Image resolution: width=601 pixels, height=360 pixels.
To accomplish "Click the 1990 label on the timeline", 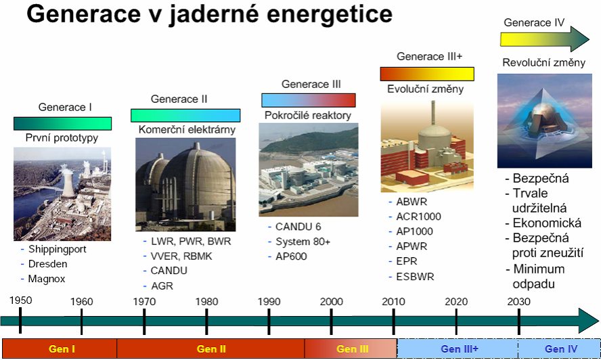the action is (x=269, y=302).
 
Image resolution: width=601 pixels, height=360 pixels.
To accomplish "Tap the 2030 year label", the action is (x=518, y=302).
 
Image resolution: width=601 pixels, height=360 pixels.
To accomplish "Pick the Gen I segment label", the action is (x=62, y=349).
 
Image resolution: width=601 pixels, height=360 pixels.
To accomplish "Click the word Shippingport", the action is (x=57, y=249).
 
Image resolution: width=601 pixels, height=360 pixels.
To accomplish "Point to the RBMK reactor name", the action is (x=198, y=256).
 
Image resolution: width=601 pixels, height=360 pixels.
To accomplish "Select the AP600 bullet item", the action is (x=291, y=256).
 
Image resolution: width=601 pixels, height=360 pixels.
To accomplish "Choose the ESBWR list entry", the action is (x=415, y=276).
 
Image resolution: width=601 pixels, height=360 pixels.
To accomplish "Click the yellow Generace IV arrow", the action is (x=545, y=39).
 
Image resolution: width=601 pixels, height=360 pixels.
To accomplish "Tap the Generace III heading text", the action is (x=311, y=84).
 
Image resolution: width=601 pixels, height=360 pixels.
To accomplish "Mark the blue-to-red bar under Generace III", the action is (x=309, y=100).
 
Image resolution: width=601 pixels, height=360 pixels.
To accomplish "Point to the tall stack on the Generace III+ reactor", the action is (x=433, y=113).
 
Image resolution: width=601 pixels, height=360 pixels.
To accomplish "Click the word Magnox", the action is (x=47, y=279).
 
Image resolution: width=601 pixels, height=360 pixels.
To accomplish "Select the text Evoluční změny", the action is (x=425, y=89).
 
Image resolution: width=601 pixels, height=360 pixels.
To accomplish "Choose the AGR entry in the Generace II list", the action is (x=162, y=286).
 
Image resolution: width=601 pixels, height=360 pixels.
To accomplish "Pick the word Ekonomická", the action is (x=547, y=223).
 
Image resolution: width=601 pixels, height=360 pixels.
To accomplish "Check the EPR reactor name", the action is (x=406, y=261).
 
